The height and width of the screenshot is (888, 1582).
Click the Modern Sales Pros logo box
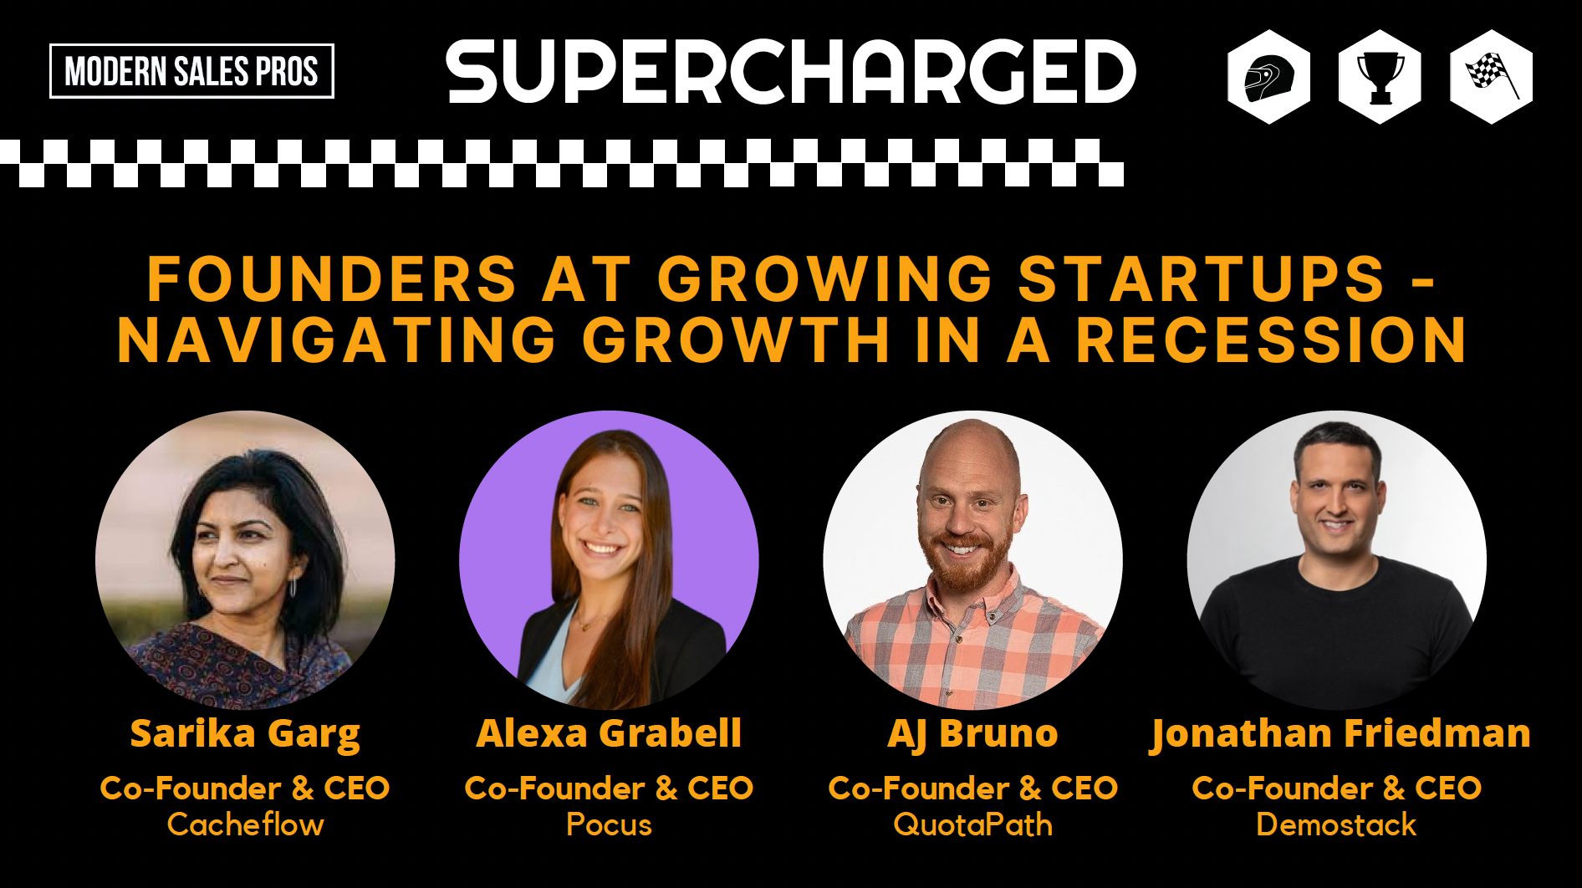(x=191, y=71)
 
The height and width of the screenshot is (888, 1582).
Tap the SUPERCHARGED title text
(x=791, y=72)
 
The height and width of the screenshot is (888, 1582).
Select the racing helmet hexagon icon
(x=1268, y=77)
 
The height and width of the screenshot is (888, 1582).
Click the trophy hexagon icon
(x=1380, y=77)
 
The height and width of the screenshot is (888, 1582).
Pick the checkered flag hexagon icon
(x=1491, y=77)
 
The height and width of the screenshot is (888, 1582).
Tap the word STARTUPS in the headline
(x=1202, y=278)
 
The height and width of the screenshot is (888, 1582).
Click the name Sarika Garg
(x=245, y=734)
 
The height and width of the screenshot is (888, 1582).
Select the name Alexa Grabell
(x=609, y=733)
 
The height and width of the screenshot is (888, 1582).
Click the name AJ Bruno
(x=972, y=734)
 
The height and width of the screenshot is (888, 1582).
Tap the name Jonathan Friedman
(x=1340, y=734)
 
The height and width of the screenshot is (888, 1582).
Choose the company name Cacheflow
(x=245, y=824)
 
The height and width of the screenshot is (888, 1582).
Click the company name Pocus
(x=609, y=824)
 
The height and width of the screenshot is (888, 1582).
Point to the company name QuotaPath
(x=972, y=824)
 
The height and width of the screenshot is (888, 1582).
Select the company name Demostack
(x=1336, y=824)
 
